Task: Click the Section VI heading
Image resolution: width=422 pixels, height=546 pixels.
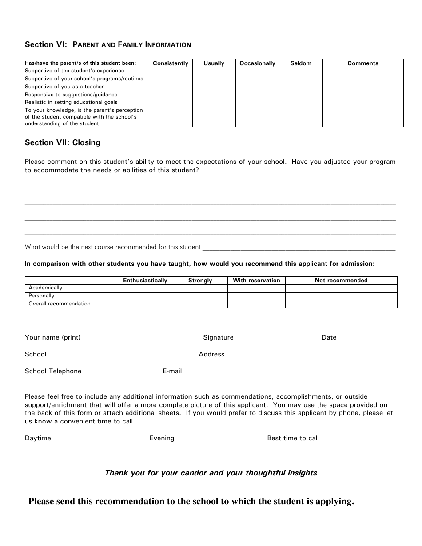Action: tap(108, 44)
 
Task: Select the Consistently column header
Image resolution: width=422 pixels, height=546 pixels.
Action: tap(171, 63)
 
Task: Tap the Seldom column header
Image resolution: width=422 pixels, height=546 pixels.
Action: tap(301, 63)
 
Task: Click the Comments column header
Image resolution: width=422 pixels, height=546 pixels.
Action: tap(363, 63)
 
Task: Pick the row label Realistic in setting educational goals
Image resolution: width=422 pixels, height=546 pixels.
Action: tap(71, 102)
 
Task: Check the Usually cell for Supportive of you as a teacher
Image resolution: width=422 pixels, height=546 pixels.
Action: tap(214, 87)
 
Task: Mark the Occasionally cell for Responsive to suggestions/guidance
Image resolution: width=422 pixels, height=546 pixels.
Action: tap(257, 95)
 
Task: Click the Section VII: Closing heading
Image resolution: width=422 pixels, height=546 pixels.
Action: tap(63, 142)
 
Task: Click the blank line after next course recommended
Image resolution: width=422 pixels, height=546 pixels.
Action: tap(299, 248)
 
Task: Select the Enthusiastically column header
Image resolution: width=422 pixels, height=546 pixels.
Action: tap(145, 280)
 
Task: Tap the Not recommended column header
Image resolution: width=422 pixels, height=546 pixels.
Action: tap(341, 280)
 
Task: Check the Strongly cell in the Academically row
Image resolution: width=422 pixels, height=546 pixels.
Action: tap(200, 288)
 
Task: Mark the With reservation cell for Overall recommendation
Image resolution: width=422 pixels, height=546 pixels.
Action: tap(256, 304)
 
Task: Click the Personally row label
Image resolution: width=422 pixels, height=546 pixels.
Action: tap(41, 296)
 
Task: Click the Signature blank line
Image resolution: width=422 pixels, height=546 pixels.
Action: tap(278, 338)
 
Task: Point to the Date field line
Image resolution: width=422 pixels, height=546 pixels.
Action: tap(366, 338)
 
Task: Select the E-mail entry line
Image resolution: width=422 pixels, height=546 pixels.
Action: tap(289, 372)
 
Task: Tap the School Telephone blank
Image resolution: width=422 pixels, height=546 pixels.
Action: tap(123, 372)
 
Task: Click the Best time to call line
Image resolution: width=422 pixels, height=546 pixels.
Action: tap(357, 439)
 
